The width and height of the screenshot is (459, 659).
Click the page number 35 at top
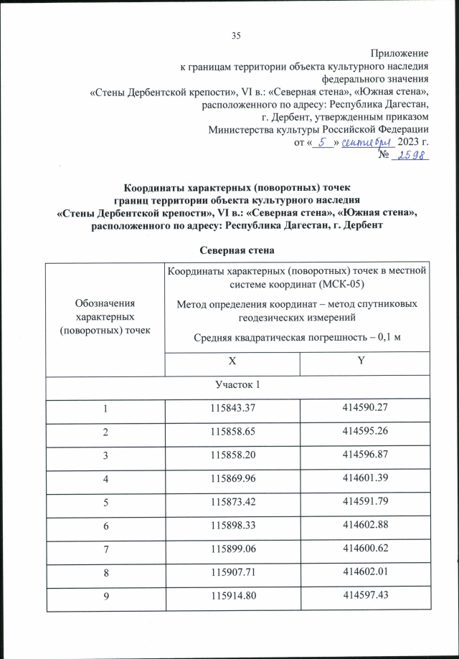coord(236,36)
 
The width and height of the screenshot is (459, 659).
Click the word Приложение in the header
coord(399,53)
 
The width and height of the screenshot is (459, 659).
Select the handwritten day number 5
coord(323,142)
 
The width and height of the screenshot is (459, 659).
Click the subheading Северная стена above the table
coord(229,250)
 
